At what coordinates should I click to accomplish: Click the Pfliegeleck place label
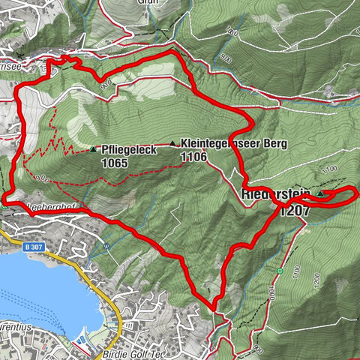[128, 150]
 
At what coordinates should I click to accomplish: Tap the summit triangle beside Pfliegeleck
[93, 150]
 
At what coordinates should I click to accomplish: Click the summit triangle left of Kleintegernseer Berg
[174, 143]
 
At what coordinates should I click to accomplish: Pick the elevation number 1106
[193, 157]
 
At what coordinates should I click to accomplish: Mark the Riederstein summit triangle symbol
[320, 194]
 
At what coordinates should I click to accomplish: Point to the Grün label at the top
[146, 2]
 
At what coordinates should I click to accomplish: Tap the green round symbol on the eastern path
[280, 271]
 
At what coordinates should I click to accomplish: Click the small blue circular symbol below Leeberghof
[107, 246]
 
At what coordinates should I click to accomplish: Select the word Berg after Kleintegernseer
[275, 144]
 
